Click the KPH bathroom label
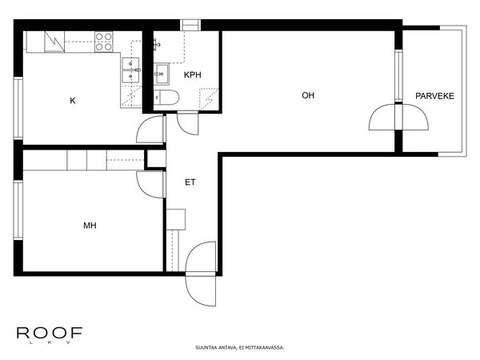[x=193, y=74]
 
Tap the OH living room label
[x=308, y=95]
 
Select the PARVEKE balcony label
[x=434, y=96]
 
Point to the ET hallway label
[x=190, y=182]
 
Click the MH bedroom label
[x=90, y=226]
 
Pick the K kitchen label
[x=73, y=101]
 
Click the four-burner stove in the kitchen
[x=104, y=42]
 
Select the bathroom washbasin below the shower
[x=162, y=74]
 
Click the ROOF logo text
[x=50, y=333]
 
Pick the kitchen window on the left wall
[x=18, y=108]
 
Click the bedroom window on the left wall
[x=18, y=210]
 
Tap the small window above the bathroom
[x=190, y=25]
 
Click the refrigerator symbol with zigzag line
[x=54, y=42]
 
